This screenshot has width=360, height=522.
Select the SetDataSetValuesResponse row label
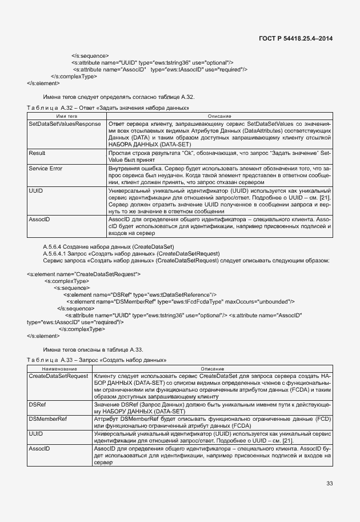pos(65,123)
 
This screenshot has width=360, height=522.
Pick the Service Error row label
pos(46,169)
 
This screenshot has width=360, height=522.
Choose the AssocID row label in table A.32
pos(39,219)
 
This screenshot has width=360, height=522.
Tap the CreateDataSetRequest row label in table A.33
pos(58,376)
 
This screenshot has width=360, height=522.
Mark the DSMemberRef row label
pos(48,419)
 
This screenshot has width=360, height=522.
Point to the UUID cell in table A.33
pos(35,434)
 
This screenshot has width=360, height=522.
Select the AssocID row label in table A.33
pos(39,449)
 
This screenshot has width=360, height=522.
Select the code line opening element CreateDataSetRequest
pos(84,274)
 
